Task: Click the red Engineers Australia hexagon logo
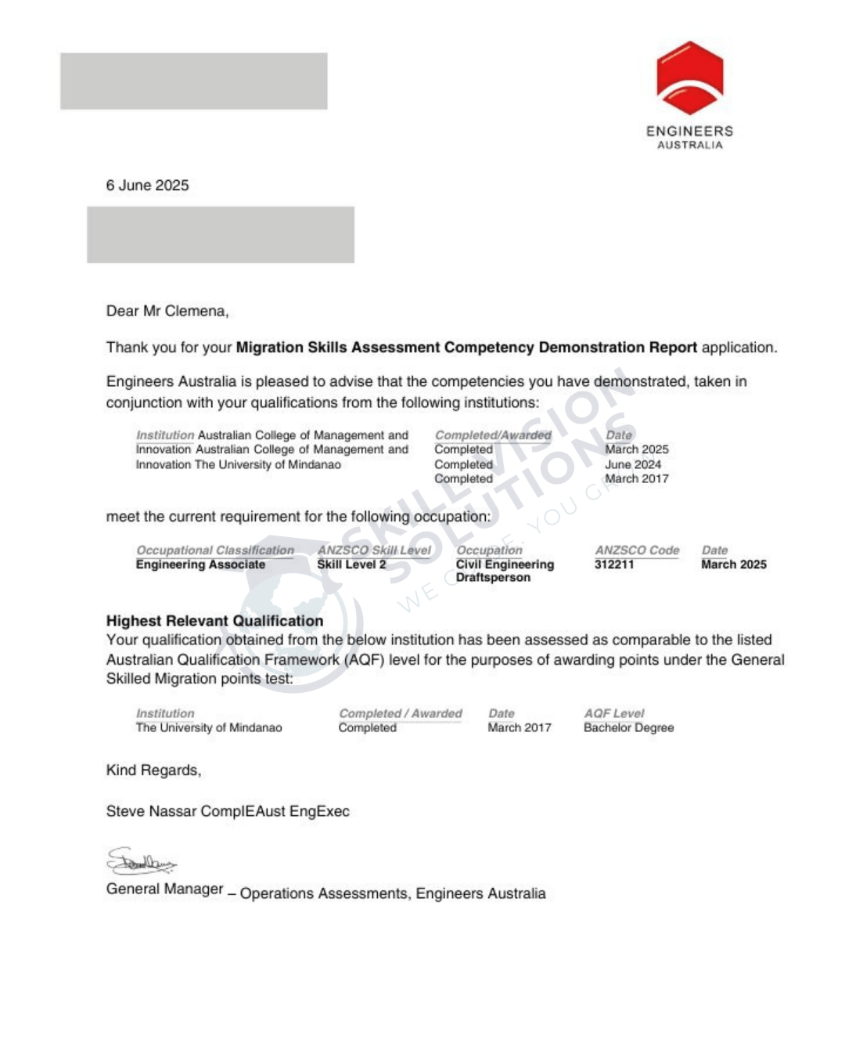tap(689, 78)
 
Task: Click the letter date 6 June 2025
tap(147, 186)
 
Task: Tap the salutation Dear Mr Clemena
tap(167, 311)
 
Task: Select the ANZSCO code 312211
tap(614, 565)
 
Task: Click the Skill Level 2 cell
tap(351, 565)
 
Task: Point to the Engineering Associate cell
tap(200, 565)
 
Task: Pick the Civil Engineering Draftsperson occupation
tap(505, 571)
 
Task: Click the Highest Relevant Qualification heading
tap(214, 621)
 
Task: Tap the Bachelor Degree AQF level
tap(628, 727)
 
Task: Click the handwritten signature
tap(141, 861)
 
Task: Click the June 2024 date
tap(632, 464)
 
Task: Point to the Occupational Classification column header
tap(215, 550)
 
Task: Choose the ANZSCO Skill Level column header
tap(374, 550)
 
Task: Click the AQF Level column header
tap(613, 713)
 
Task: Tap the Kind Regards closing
tap(153, 770)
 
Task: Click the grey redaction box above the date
tap(193, 81)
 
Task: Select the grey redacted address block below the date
tap(220, 235)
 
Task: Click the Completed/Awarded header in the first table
tap(493, 435)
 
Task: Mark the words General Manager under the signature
tap(165, 889)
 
